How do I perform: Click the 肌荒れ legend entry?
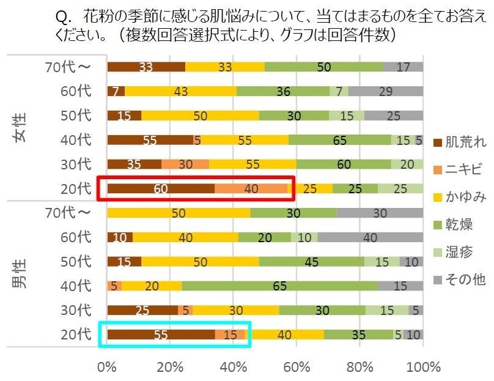pos(460,142)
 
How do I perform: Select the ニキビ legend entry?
pos(460,169)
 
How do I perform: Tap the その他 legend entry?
pos(460,279)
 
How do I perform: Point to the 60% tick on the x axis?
pos(296,368)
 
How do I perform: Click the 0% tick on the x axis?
pos(108,368)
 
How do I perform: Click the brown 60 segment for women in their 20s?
pos(161,188)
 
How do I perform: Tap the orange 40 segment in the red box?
pos(251,188)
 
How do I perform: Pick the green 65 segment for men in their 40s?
pos(279,286)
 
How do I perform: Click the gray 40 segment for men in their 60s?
pos(370,237)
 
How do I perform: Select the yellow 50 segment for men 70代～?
pos(179,213)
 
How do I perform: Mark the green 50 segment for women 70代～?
pos(324,67)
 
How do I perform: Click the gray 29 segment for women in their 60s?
pos(386,91)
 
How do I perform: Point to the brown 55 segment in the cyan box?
pos(161,335)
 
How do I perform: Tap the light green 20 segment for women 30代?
pos(407,164)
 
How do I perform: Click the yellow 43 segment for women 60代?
pos(181,91)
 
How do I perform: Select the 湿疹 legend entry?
pos(460,252)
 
